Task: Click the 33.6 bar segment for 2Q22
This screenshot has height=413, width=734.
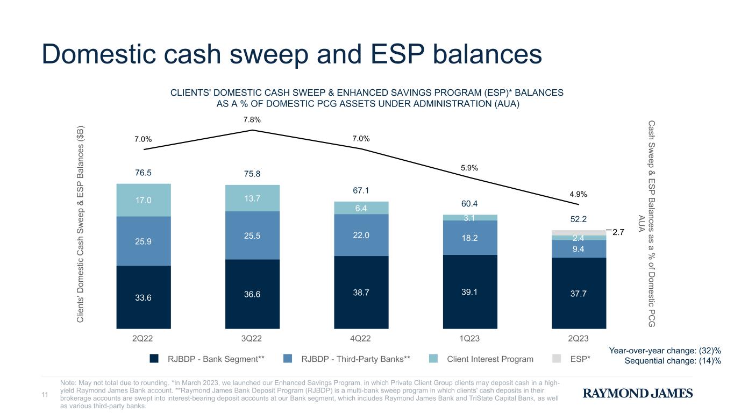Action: [144, 297]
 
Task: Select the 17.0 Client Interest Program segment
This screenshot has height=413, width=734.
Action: [144, 200]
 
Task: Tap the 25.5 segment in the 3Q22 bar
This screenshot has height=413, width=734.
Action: [252, 236]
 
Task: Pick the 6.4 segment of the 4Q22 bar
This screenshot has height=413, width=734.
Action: [361, 208]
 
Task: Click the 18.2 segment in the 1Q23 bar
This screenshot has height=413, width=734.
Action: [470, 238]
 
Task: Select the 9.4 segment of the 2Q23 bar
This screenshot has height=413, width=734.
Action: [579, 249]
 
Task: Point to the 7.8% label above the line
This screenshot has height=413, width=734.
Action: [252, 119]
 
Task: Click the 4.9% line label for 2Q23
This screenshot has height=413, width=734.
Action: [579, 194]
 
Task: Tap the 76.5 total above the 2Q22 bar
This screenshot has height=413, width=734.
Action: [143, 173]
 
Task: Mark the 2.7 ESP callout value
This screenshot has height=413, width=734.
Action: [618, 232]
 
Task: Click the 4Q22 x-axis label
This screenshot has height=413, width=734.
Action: [360, 338]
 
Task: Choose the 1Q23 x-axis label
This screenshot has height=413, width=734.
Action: [469, 338]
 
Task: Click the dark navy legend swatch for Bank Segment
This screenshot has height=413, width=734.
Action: [154, 359]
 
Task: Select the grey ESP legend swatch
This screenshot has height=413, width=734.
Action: [557, 359]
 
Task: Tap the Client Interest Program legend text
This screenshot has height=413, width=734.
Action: [490, 359]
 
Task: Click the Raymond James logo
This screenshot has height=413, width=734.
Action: [638, 393]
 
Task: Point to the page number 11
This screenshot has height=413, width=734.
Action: [45, 394]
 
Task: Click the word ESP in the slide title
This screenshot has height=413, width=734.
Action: [397, 54]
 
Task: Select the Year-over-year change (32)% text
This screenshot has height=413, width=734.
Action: [665, 351]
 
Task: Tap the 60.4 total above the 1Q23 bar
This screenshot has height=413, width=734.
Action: [469, 204]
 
